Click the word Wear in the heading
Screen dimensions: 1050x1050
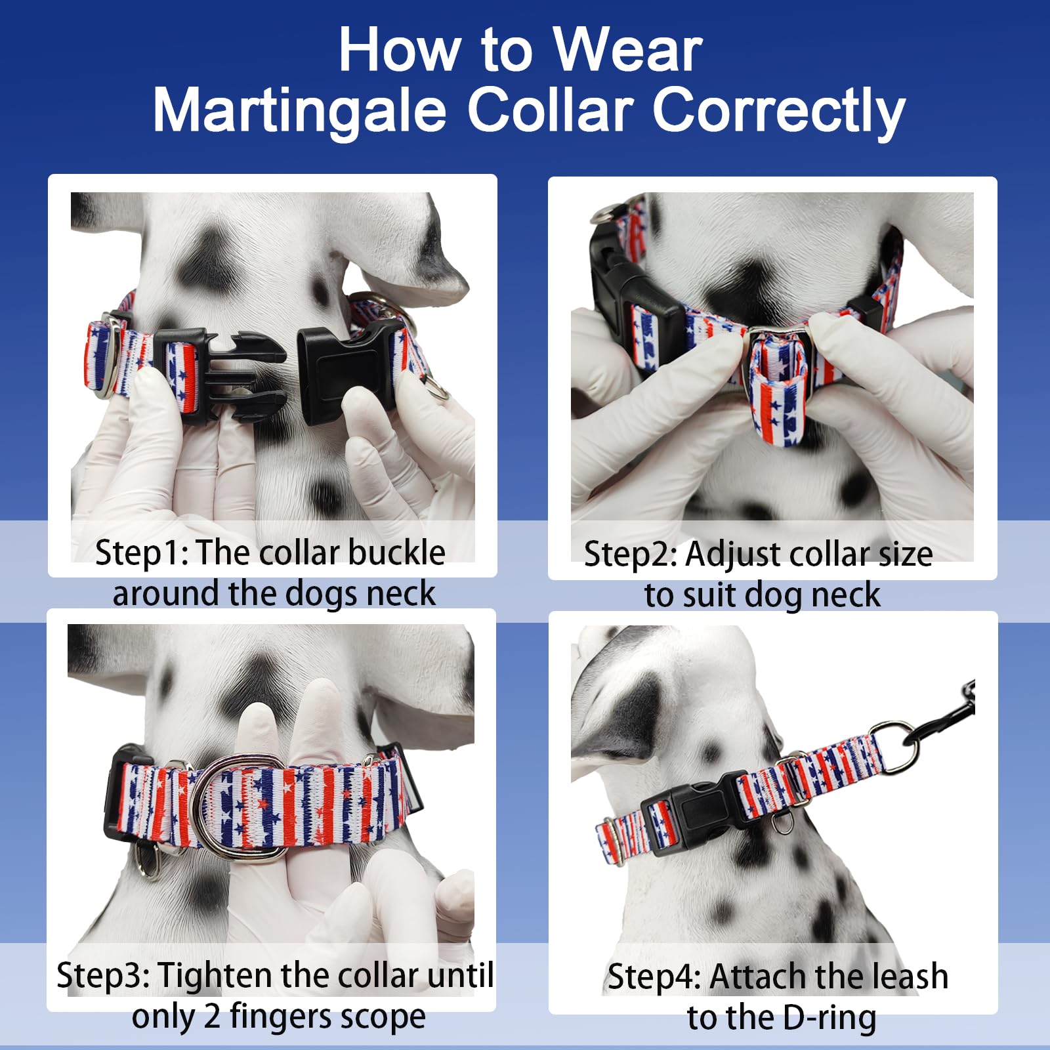627,51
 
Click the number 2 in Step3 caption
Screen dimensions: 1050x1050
211,1017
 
